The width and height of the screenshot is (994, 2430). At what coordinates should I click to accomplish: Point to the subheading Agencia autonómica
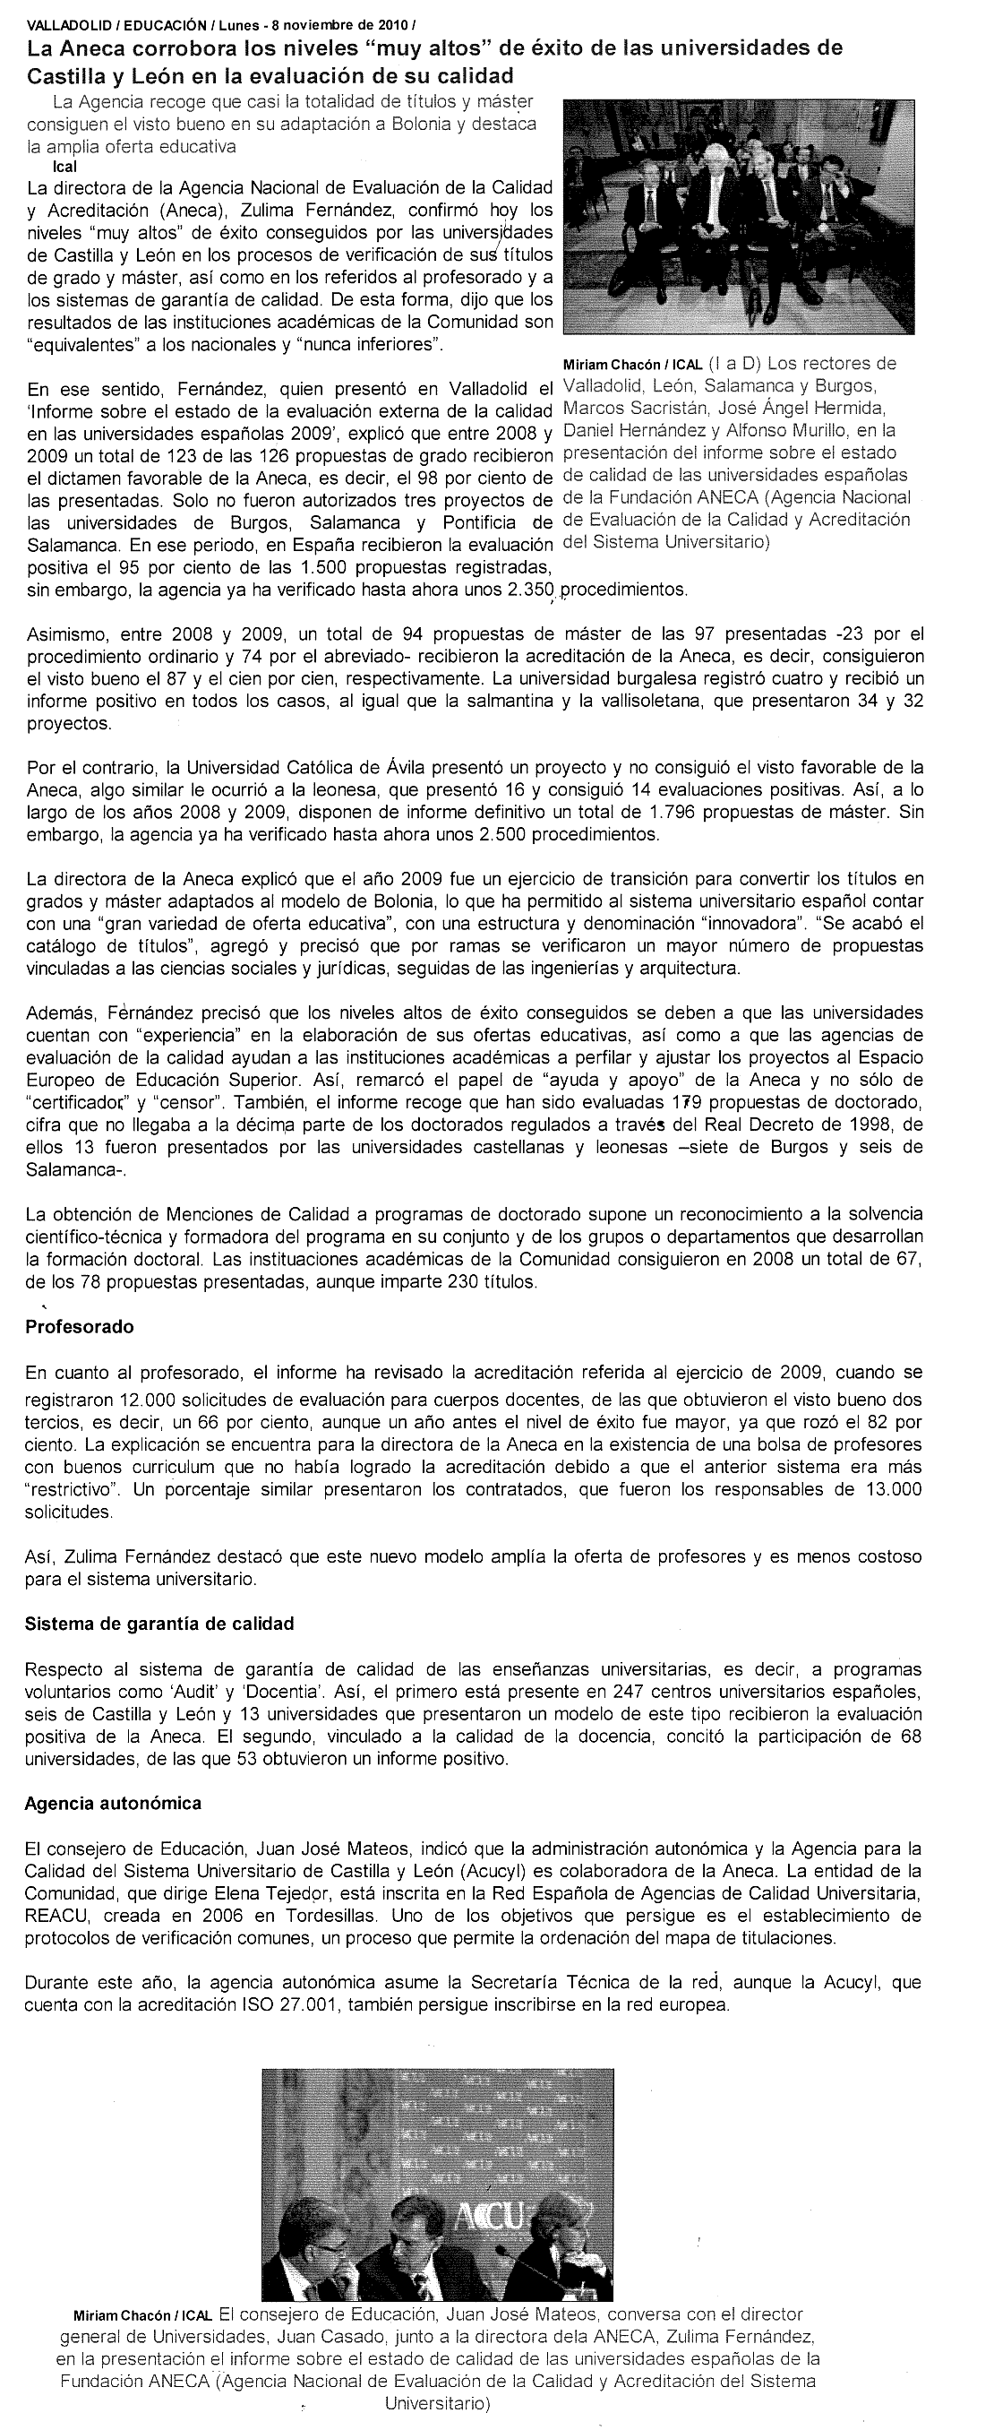coord(113,1803)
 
